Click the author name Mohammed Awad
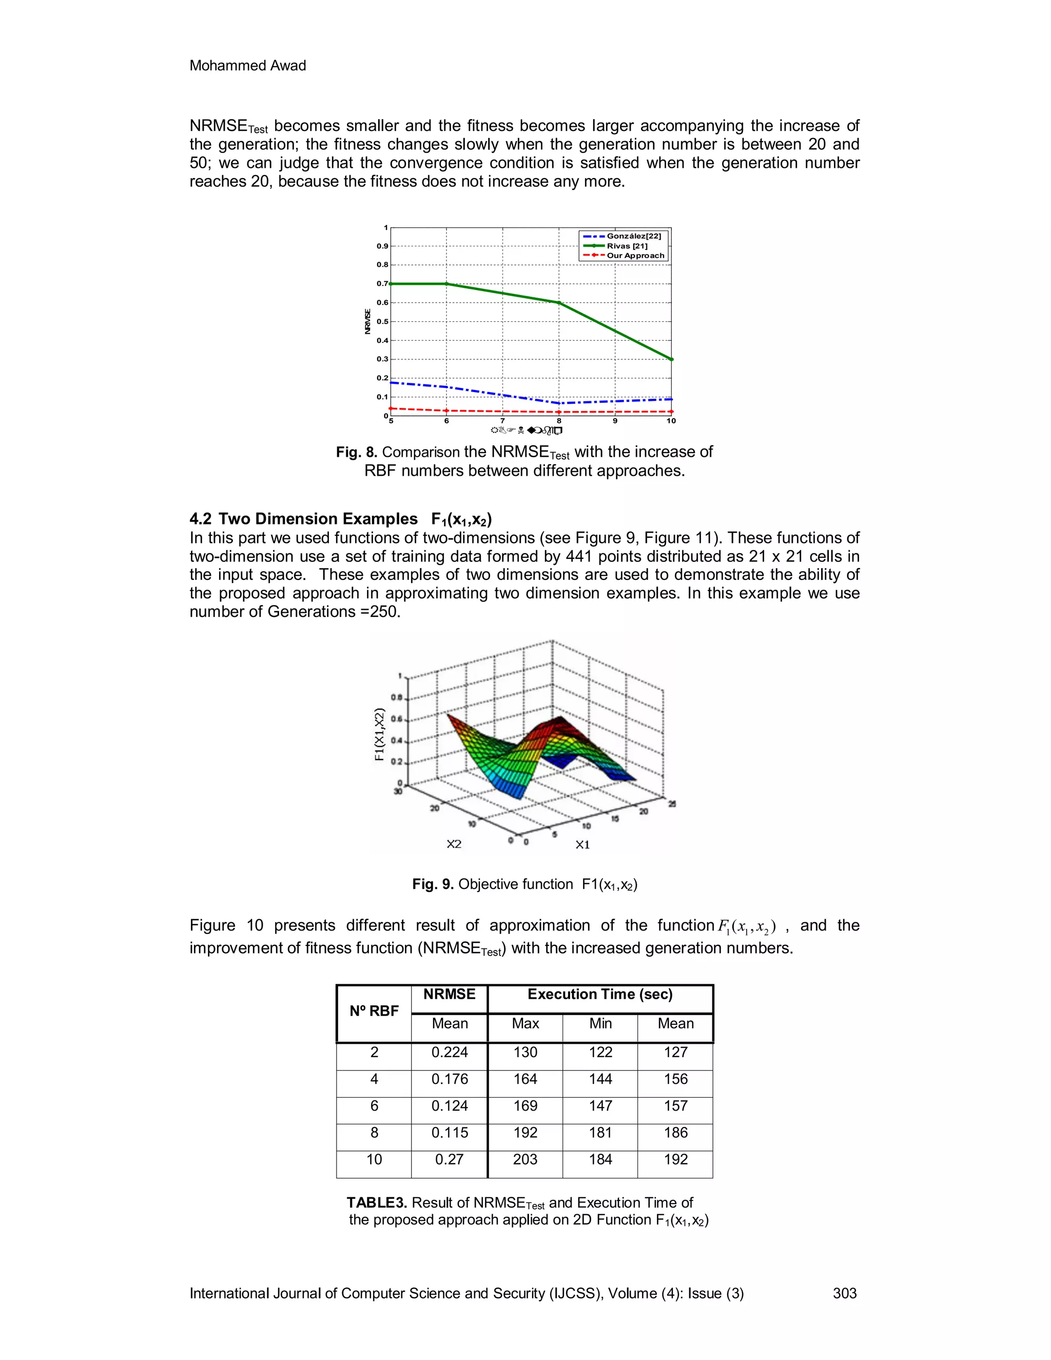click(x=247, y=65)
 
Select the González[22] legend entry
click(x=633, y=236)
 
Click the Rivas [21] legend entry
click(x=627, y=246)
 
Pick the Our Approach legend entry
click(x=635, y=255)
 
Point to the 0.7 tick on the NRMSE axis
click(x=382, y=283)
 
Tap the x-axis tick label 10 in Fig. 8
click(x=671, y=421)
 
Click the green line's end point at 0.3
click(x=671, y=359)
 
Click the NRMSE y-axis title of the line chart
click(x=367, y=321)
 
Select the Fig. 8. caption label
click(x=357, y=452)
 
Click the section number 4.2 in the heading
click(x=201, y=519)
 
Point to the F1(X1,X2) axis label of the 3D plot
click(x=379, y=734)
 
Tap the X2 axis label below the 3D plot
click(x=454, y=844)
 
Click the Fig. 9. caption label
click(x=433, y=884)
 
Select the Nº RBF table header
click(x=374, y=1011)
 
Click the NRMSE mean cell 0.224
click(x=450, y=1053)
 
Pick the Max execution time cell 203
click(x=525, y=1159)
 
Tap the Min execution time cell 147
click(x=600, y=1106)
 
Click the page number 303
click(x=844, y=1293)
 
